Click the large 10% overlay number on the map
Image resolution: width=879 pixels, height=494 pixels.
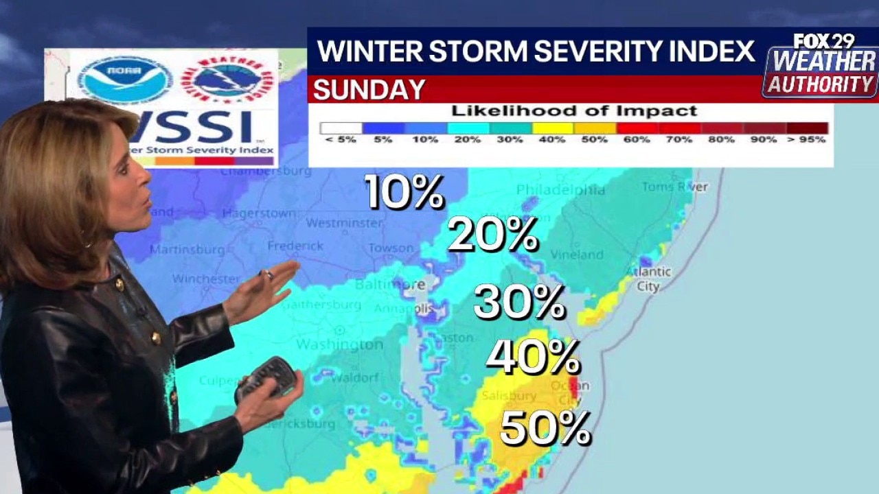[x=404, y=191]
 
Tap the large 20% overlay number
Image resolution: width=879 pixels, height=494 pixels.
[x=492, y=235]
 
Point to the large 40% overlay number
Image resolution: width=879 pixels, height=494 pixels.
[x=533, y=356]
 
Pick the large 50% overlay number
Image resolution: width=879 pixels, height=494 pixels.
[x=545, y=428]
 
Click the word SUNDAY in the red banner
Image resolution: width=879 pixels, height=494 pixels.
[x=369, y=90]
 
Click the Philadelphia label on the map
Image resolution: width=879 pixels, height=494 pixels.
[x=560, y=189]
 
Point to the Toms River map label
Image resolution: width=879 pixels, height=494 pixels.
[x=674, y=187]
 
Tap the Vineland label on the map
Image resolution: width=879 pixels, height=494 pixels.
[x=577, y=255]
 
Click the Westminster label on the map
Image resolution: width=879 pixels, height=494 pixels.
[x=344, y=223]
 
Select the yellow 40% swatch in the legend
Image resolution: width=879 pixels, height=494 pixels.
[x=553, y=128]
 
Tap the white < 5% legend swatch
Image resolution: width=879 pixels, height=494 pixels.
[x=341, y=128]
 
